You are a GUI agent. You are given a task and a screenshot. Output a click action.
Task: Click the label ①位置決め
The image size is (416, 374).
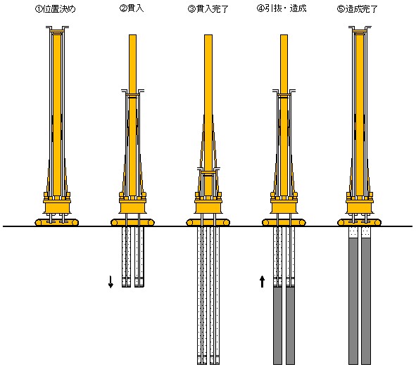55,9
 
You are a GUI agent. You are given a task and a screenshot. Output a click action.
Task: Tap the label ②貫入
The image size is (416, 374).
132,8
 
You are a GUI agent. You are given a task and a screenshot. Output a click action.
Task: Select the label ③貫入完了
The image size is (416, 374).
208,9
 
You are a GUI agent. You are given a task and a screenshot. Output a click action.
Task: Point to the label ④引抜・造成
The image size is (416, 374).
282,8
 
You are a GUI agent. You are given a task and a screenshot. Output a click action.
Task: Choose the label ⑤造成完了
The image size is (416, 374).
357,9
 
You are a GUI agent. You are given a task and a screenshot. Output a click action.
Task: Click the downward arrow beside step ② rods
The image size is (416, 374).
111,281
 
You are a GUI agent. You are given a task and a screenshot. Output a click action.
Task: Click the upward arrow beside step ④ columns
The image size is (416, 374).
262,281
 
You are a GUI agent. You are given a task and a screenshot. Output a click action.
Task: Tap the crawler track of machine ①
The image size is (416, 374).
57,222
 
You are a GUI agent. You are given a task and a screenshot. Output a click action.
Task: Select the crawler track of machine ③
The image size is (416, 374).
208,222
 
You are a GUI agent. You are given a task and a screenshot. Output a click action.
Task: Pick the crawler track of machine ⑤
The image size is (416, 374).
359,222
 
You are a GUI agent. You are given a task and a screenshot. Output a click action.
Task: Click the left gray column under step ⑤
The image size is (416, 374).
353,301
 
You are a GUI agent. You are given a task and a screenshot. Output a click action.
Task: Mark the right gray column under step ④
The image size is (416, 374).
290,325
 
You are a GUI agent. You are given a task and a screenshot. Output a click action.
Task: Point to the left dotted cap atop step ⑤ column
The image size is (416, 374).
353,233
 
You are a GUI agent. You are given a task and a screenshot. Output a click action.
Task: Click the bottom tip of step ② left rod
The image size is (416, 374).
126,287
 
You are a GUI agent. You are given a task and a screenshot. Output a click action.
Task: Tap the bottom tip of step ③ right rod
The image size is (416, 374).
215,364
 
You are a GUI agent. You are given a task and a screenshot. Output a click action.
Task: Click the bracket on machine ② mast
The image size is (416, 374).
132,93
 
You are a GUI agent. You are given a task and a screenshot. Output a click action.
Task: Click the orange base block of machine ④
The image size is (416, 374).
284,207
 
